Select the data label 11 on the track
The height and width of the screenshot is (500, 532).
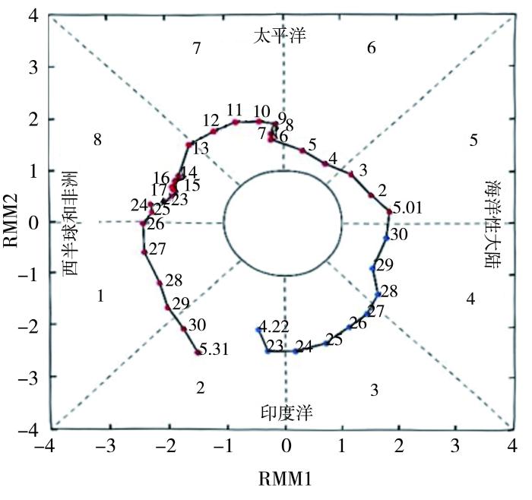[x=234, y=110]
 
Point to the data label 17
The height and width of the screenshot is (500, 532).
[x=159, y=189]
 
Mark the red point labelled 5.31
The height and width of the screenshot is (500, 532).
[x=198, y=353]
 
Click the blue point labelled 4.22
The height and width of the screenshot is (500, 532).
[x=258, y=329]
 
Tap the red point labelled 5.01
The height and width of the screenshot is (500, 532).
[x=389, y=211]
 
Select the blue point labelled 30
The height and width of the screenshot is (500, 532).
[x=386, y=238]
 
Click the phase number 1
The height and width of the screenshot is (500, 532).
[x=100, y=296]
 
